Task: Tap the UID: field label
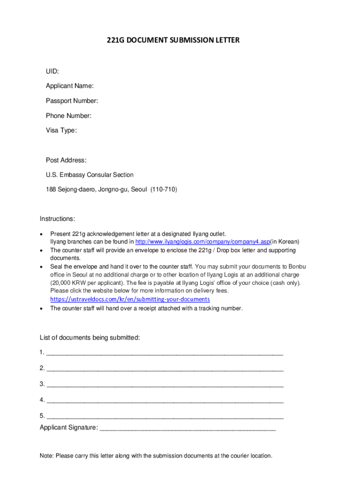52,71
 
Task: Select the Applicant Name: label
70,86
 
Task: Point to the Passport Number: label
72,101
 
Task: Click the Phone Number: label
69,116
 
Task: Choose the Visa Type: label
61,131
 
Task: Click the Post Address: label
66,160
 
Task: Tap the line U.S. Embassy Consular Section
89,175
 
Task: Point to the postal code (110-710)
164,189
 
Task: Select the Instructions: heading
58,219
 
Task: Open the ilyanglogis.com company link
203,242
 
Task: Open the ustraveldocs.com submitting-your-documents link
130,299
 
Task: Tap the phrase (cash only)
285,283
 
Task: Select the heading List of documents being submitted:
90,338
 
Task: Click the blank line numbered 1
165,354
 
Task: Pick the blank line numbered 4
165,401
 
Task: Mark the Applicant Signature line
187,428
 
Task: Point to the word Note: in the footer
47,456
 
